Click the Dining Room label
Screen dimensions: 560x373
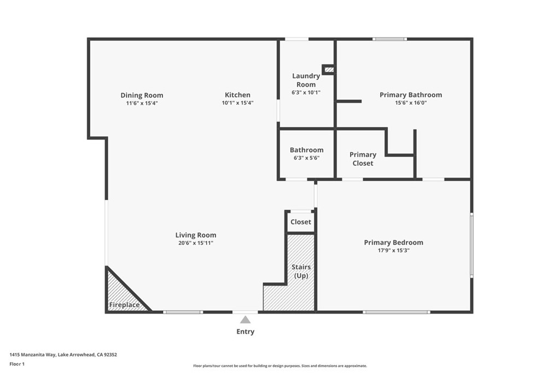tap(142, 95)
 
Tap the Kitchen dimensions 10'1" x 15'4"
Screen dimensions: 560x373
tap(237, 103)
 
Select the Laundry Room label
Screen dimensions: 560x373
tap(306, 80)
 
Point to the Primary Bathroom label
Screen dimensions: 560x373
tap(411, 95)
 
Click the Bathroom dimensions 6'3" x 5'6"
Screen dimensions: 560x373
tap(306, 158)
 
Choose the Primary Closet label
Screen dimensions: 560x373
tap(363, 159)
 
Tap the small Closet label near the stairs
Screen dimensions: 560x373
tap(301, 222)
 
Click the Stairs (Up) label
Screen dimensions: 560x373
tap(301, 271)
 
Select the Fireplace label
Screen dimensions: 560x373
tap(124, 305)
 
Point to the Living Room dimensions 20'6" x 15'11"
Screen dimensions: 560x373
tap(196, 243)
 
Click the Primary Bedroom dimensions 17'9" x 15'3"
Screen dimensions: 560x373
tap(394, 250)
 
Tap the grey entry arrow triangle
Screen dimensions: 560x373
tap(246, 320)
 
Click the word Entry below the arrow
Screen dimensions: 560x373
tap(246, 331)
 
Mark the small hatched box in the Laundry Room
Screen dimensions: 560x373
tap(329, 69)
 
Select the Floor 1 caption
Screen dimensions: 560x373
tap(17, 364)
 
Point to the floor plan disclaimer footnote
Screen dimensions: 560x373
tap(280, 366)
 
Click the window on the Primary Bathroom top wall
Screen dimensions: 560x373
tap(389, 39)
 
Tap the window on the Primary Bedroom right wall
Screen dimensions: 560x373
tap(472, 245)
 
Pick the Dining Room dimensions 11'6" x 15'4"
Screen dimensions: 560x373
tap(142, 103)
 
